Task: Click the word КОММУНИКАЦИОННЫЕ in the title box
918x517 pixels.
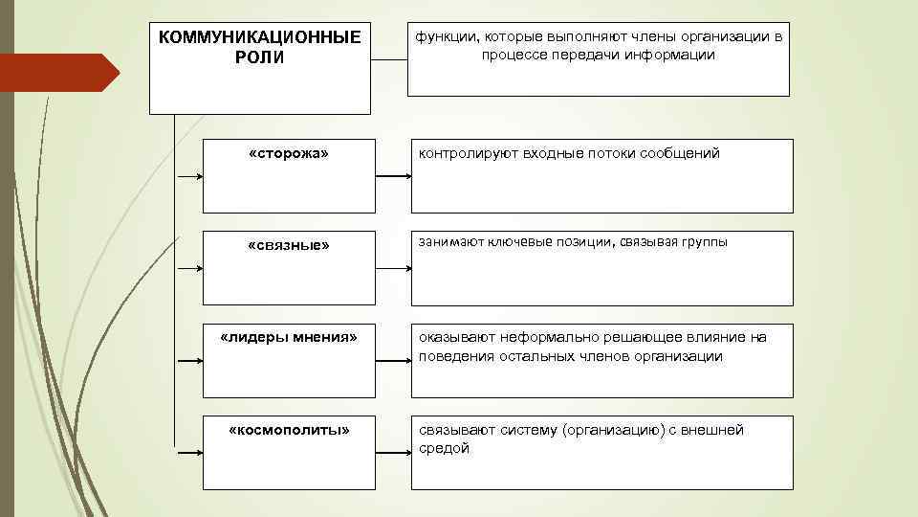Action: [259, 37]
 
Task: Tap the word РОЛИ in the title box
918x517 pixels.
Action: [259, 57]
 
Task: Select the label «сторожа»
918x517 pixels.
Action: [288, 153]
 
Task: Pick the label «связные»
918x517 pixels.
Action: [288, 245]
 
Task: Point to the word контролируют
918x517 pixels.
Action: [466, 153]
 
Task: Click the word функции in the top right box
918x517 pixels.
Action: [445, 36]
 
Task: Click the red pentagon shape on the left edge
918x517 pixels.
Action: [57, 73]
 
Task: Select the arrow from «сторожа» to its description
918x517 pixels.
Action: [393, 176]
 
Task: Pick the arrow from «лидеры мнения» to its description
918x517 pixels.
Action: [393, 361]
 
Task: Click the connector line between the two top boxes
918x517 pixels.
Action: [388, 59]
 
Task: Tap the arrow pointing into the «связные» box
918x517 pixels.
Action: [188, 269]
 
